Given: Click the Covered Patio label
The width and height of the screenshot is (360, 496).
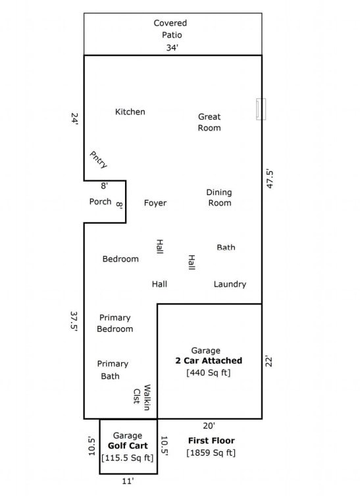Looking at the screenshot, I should pyautogui.click(x=170, y=29).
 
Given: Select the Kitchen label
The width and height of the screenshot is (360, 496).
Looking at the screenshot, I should pyautogui.click(x=130, y=112).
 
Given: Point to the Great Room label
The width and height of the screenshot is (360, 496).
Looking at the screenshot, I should pyautogui.click(x=209, y=122).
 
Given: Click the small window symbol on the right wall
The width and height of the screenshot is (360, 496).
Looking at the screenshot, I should pyautogui.click(x=261, y=109).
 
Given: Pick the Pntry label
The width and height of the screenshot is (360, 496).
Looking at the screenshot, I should pyautogui.click(x=99, y=160).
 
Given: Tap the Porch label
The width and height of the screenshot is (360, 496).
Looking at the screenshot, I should pyautogui.click(x=101, y=202).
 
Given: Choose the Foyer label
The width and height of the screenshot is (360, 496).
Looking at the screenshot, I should pyautogui.click(x=155, y=203).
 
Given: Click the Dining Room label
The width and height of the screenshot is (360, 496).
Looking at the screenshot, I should pyautogui.click(x=219, y=198).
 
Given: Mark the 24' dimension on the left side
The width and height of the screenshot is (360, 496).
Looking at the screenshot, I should pyautogui.click(x=74, y=119).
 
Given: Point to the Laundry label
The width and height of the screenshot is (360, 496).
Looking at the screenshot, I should pyautogui.click(x=230, y=285).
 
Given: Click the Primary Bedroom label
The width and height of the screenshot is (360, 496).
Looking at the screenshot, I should pyautogui.click(x=115, y=323).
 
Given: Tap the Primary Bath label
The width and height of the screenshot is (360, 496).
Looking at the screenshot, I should pyautogui.click(x=113, y=370).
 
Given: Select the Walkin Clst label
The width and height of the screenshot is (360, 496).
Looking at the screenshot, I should pyautogui.click(x=142, y=395).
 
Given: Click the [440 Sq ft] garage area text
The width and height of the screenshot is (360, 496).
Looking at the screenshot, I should pyautogui.click(x=208, y=373).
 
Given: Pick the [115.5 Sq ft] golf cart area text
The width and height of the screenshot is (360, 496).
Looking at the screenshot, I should pyautogui.click(x=128, y=458).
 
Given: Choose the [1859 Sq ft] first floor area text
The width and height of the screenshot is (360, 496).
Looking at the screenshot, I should pyautogui.click(x=211, y=453).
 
